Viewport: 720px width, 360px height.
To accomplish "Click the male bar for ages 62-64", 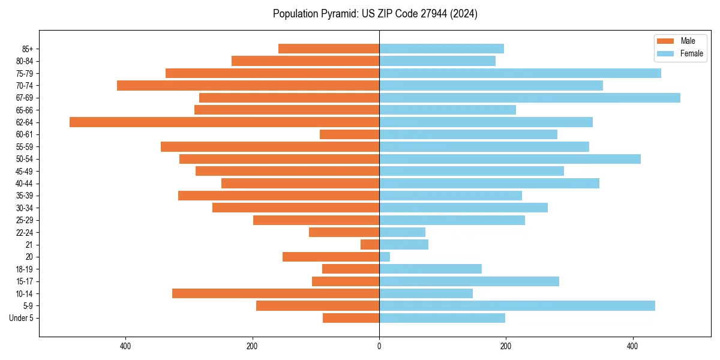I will pos(224,122).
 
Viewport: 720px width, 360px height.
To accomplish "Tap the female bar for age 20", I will pos(385,257).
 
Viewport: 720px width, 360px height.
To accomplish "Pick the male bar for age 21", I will pos(370,245).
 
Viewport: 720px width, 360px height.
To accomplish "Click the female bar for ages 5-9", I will pos(517,306).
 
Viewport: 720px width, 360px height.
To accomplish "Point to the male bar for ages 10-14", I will pos(275,293).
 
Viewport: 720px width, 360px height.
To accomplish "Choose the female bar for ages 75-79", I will pos(520,73).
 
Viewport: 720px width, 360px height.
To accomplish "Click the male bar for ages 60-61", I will pos(349,134).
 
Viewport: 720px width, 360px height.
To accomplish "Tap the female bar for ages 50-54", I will pos(509,159).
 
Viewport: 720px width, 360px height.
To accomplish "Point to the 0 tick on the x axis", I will pos(379,346).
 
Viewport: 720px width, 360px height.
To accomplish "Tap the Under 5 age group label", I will pos(21,318).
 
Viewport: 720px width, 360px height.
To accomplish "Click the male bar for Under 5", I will pos(351,318).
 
